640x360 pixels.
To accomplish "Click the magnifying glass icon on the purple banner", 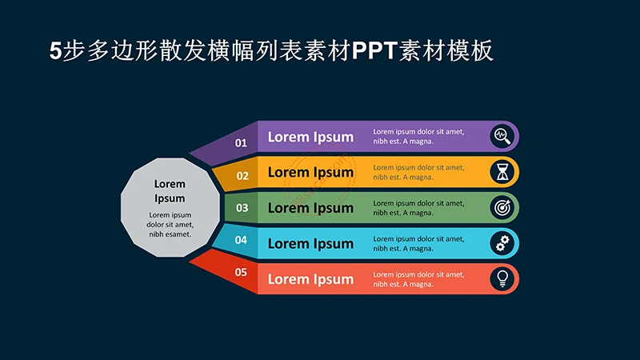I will point(502,136).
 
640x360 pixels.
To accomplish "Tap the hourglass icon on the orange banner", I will point(502,172).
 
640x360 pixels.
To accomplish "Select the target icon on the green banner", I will point(502,207).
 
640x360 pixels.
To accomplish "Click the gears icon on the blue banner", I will point(502,243).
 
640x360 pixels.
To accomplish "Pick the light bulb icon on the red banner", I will point(502,278).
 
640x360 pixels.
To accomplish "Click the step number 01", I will point(241,143).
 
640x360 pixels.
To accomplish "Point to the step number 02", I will point(242,175).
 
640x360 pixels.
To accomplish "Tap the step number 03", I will point(242,208).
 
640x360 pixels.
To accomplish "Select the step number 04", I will point(241,240).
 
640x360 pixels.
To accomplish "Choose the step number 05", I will point(241,272).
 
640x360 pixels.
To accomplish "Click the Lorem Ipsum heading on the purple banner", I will point(310,137).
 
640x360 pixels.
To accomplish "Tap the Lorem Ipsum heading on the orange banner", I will point(310,172).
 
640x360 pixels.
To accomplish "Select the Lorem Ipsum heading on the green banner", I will point(310,208).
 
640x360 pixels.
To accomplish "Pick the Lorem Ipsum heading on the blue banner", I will point(310,243).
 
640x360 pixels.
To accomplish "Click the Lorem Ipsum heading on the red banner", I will point(310,279).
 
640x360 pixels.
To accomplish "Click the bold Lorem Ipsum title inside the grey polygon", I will point(170,191).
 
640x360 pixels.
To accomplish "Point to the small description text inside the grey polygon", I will point(170,224).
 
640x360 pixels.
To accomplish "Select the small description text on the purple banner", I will point(418,136).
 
